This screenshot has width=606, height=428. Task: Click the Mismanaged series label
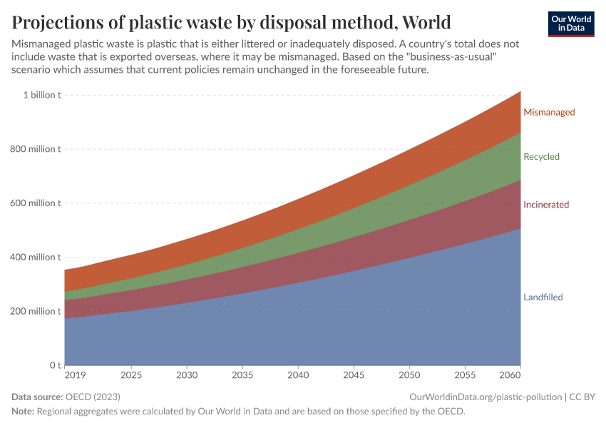click(548, 112)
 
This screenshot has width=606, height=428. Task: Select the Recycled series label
click(541, 156)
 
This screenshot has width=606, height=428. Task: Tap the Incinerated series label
click(545, 205)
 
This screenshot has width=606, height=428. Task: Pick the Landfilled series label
click(543, 297)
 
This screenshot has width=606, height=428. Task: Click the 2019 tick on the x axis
click(75, 375)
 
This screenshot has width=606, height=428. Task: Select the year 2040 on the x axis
click(298, 375)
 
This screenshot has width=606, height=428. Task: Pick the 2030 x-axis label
click(187, 375)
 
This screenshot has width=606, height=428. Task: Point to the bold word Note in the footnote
click(24, 411)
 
